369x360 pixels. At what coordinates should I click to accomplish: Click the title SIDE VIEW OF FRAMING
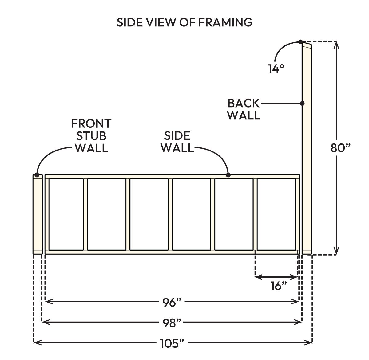click(184, 22)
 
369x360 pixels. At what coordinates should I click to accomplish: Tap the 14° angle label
click(276, 69)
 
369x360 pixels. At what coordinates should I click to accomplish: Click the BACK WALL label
click(244, 109)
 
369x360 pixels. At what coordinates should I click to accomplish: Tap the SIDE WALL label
click(177, 142)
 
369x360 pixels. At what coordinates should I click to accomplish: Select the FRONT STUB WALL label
click(91, 136)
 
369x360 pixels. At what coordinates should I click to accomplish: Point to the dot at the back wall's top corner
click(300, 42)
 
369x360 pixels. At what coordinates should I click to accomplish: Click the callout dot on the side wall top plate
click(228, 175)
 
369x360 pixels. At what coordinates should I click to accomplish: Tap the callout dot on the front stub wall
click(37, 175)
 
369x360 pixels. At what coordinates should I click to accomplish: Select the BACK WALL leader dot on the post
click(302, 104)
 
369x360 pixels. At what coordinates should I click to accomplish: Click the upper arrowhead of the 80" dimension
click(337, 45)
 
